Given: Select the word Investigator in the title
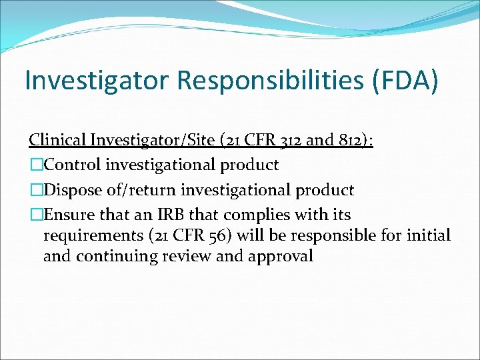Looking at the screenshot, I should pos(99,81).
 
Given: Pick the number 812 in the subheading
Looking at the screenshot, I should pos(342,140).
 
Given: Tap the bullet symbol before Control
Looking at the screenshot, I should pos(35,165).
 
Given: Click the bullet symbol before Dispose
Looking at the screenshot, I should pos(35,190).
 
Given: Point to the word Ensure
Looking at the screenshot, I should pos(69,215).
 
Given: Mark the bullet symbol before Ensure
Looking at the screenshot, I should pos(35,215).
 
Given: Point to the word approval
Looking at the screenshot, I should pos(280,256).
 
